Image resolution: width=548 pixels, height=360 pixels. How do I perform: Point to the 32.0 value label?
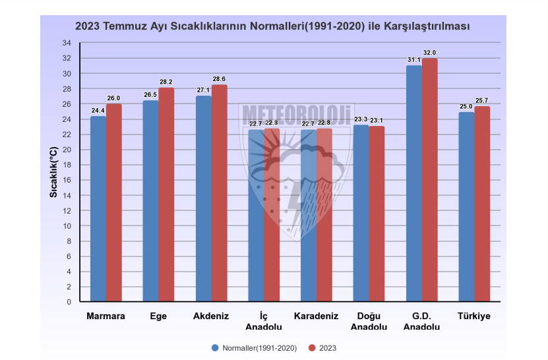click(430, 53)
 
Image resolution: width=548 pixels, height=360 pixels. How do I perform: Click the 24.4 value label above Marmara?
click(98, 111)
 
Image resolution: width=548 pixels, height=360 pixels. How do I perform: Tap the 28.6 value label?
click(219, 79)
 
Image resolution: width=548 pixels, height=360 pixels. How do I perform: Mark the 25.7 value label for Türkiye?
click(482, 101)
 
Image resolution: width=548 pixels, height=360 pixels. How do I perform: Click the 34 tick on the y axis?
click(67, 44)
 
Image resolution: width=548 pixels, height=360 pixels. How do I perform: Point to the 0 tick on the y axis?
click(69, 302)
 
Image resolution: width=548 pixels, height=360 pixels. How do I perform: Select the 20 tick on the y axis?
click(67, 150)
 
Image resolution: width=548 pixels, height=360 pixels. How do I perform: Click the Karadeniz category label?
click(316, 316)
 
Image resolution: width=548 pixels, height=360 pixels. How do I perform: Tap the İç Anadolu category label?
click(264, 321)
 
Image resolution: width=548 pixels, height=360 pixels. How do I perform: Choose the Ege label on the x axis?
click(158, 316)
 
